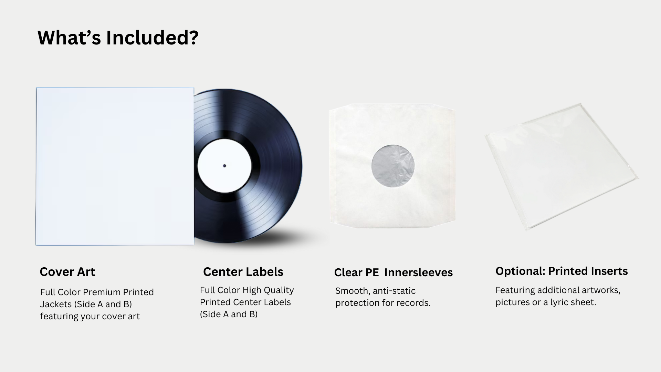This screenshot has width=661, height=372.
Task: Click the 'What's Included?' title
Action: click(x=118, y=38)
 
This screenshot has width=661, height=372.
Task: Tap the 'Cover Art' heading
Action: click(x=67, y=272)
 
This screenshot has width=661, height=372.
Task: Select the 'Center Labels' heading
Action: click(x=243, y=272)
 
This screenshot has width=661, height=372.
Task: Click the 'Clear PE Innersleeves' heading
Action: click(x=393, y=272)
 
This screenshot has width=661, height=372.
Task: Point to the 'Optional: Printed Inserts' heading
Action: click(x=562, y=271)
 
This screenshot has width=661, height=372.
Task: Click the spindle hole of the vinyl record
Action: click(x=224, y=166)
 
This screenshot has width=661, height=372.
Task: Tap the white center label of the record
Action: click(x=224, y=166)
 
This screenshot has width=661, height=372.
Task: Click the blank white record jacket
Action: click(x=115, y=166)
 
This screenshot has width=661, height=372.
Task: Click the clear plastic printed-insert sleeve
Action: click(x=562, y=167)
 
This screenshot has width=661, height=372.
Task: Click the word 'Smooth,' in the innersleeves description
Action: click(x=353, y=291)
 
